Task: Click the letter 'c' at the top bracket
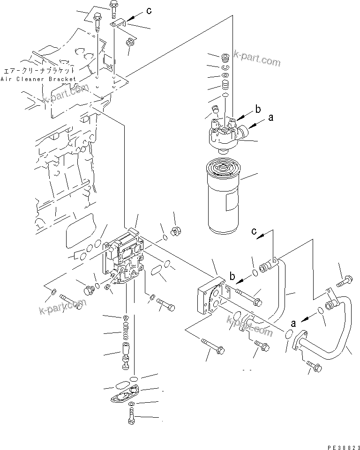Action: pos(149,11)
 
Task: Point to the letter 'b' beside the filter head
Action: pos(257,111)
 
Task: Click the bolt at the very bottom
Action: pos(130,416)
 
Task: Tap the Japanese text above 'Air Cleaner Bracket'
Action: pos(39,70)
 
